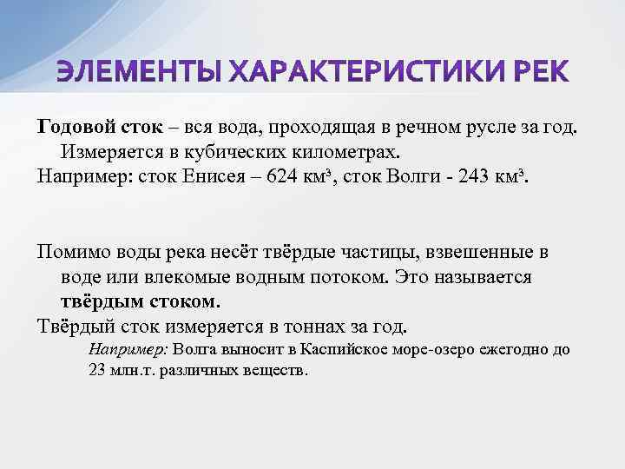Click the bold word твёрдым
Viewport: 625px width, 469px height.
pos(102,302)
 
